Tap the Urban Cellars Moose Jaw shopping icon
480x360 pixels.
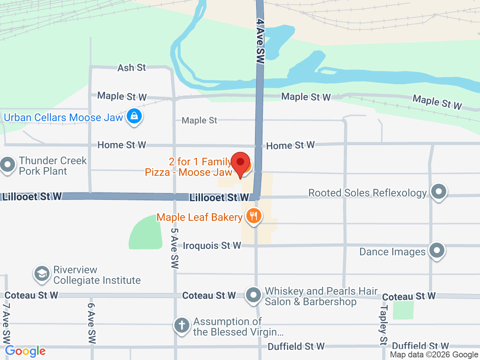tap(134, 116)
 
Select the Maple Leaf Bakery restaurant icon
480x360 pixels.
tap(254, 216)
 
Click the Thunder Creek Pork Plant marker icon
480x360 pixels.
tap(7, 165)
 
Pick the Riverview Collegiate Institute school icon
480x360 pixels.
tap(42, 274)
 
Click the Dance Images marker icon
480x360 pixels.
tap(437, 250)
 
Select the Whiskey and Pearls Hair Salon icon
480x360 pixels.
tap(253, 295)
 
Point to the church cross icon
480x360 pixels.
tap(182, 325)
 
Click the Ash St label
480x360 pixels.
tap(132, 68)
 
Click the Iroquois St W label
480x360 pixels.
tap(211, 246)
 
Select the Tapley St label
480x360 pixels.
tap(384, 325)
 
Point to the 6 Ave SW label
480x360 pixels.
tap(91, 323)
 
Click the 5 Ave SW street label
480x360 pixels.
tap(175, 248)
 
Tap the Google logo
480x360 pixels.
tap(25, 351)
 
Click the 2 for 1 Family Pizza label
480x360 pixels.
tap(189, 167)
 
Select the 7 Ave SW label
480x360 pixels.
tap(6, 323)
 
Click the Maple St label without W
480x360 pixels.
tap(199, 120)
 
